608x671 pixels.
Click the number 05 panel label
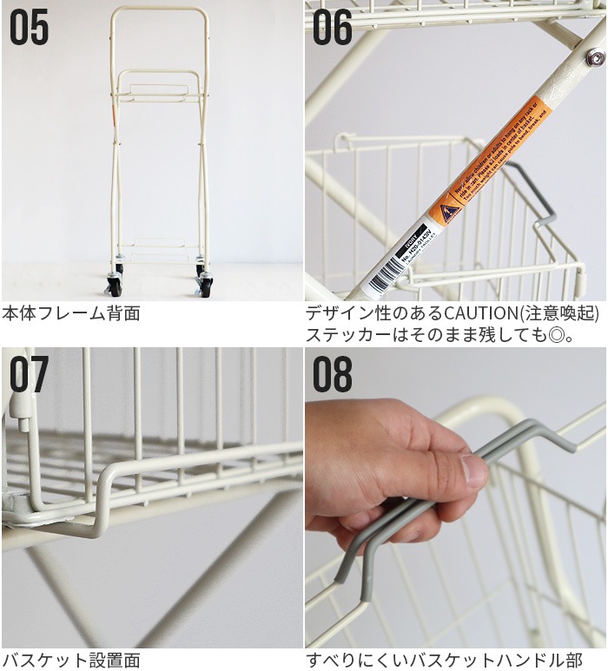[x=29, y=29]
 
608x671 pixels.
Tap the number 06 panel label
[x=334, y=29]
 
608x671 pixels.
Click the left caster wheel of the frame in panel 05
[x=114, y=284]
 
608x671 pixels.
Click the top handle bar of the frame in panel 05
[x=159, y=10]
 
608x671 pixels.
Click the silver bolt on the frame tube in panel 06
[x=595, y=58]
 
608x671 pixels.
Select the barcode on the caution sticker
[x=383, y=279]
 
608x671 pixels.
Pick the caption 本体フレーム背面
[x=71, y=313]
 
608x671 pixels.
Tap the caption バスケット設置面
[x=71, y=660]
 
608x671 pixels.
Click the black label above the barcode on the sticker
[x=413, y=250]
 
